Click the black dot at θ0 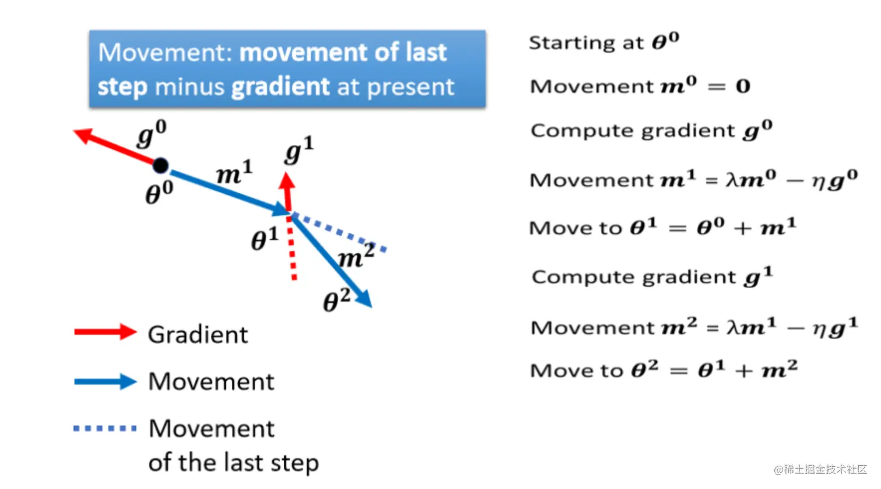tap(160, 166)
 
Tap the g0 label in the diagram tap(151, 134)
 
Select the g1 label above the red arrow tap(299, 150)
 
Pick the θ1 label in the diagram tap(265, 239)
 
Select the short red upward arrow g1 tap(287, 189)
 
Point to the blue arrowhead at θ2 tap(364, 299)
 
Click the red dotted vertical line tap(293, 250)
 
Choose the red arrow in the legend tap(105, 332)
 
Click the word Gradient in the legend tap(198, 335)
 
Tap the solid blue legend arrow tap(105, 382)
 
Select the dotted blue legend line tap(105, 428)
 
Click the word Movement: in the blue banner tap(165, 52)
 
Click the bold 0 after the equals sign tap(743, 87)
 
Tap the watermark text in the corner tap(820, 470)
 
